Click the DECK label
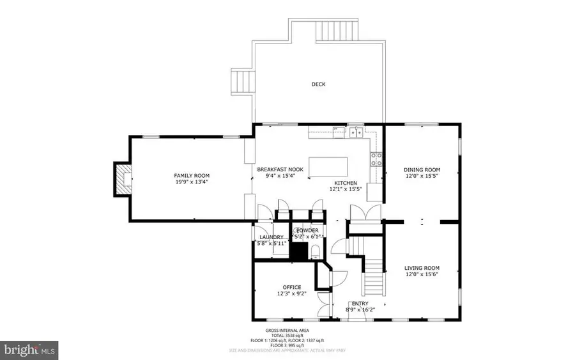(318, 84)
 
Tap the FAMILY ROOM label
(192, 176)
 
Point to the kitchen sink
(355, 133)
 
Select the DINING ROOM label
(422, 169)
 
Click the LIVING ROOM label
(422, 268)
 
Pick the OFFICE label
(291, 287)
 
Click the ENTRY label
(360, 303)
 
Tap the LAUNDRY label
(271, 237)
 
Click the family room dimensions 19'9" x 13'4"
(192, 182)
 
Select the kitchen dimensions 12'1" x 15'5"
(344, 189)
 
